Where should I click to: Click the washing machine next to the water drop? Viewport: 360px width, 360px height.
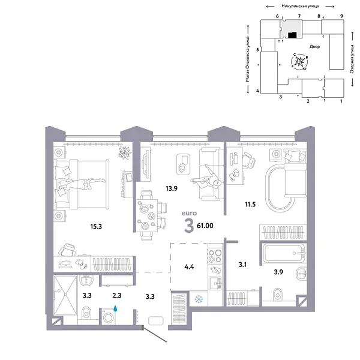(109, 314)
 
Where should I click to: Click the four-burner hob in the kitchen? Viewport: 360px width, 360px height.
(214, 256)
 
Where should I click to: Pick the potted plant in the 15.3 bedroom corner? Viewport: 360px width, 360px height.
(124, 154)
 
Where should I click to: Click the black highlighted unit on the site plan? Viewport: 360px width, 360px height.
(292, 35)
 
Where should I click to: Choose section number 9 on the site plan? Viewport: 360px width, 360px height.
(341, 16)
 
